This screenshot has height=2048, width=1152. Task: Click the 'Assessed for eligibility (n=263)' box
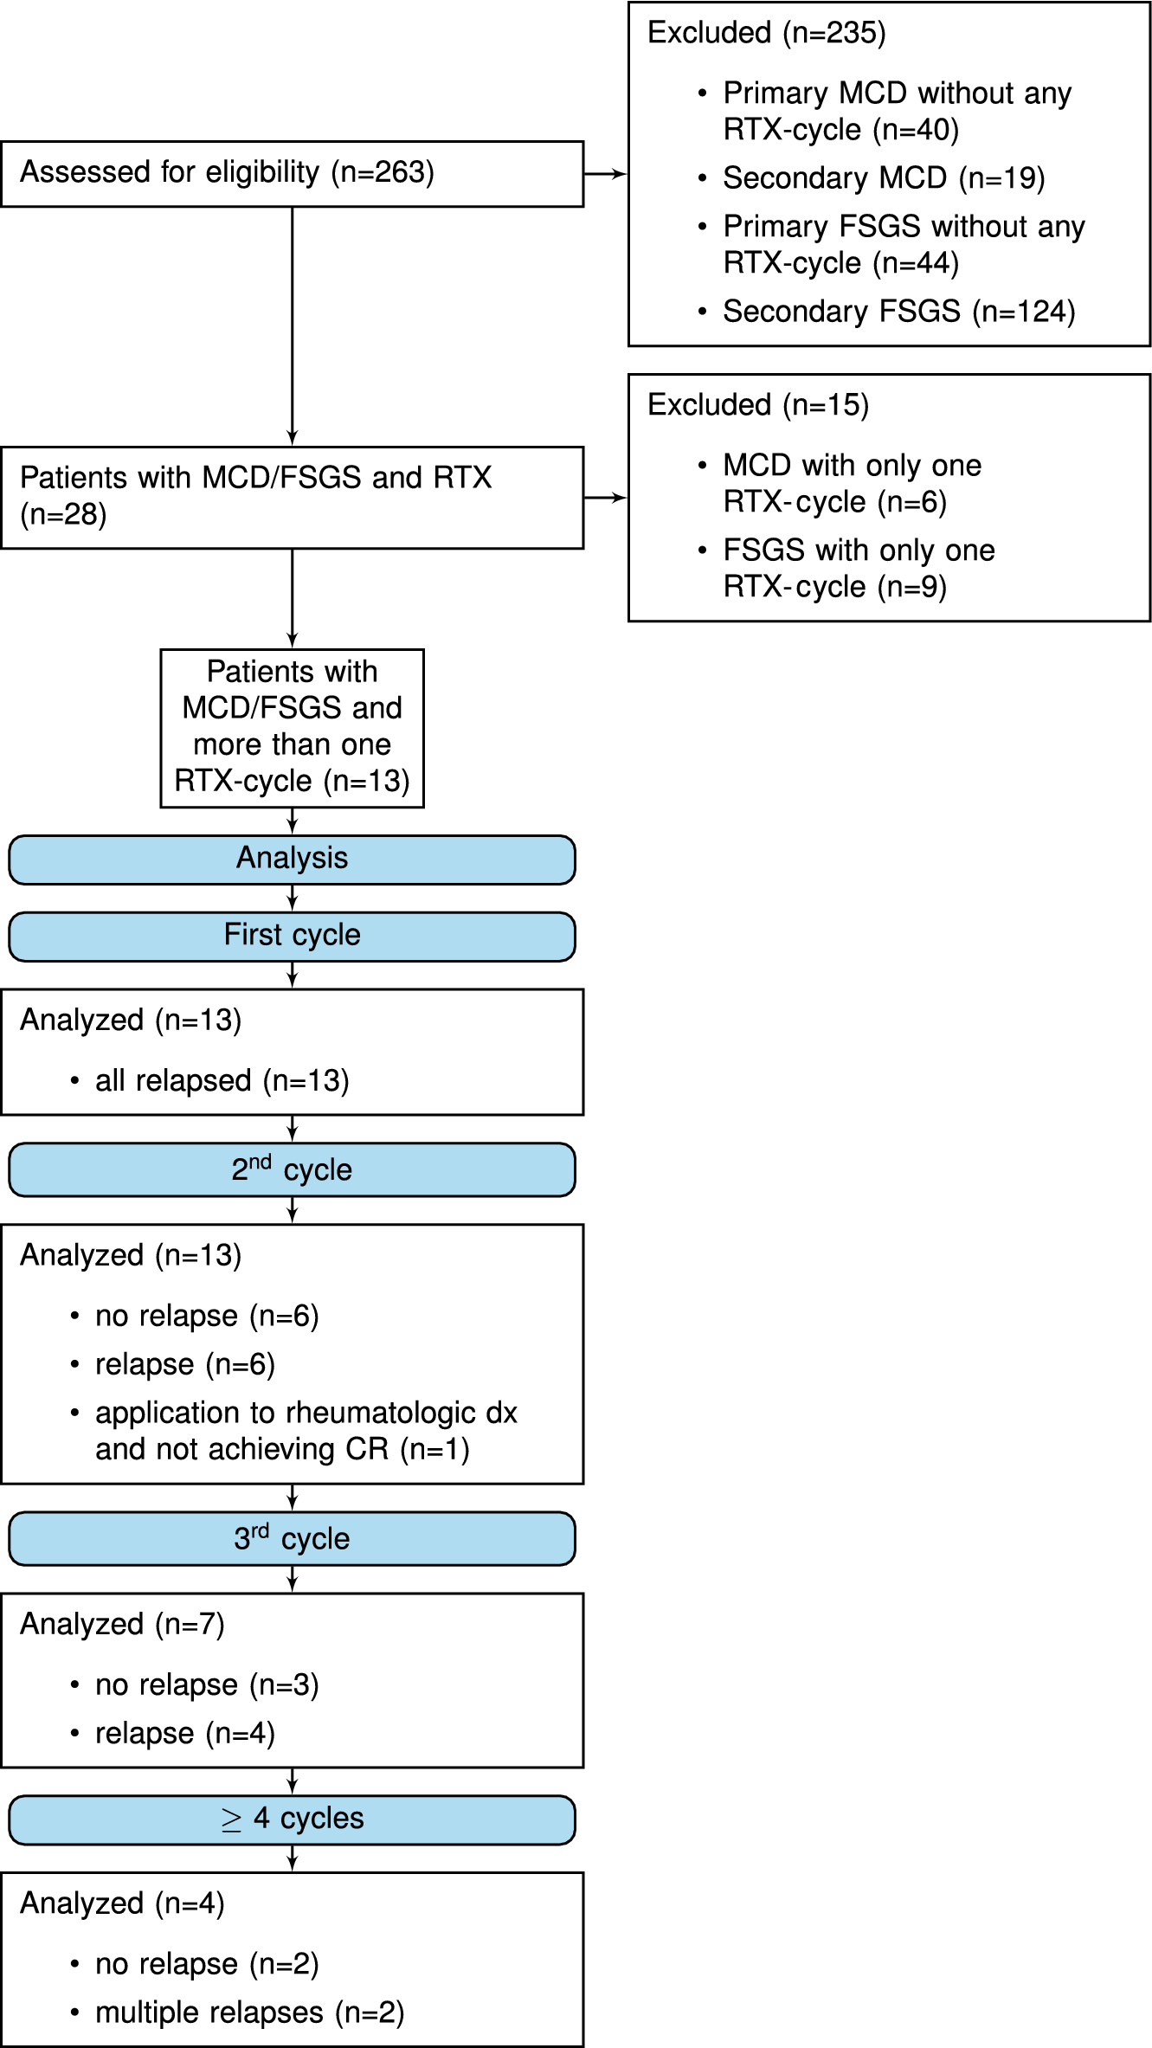(292, 173)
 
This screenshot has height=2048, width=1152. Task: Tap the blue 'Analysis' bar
(292, 859)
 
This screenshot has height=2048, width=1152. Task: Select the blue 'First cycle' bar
(292, 936)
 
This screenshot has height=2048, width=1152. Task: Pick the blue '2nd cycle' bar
(292, 1169)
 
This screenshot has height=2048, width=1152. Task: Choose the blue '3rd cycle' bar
(292, 1538)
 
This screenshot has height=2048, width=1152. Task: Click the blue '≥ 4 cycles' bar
(292, 1819)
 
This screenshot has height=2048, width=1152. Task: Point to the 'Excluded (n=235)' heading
(766, 33)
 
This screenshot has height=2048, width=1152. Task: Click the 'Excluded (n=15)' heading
(757, 405)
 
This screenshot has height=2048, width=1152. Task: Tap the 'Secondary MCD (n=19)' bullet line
(883, 178)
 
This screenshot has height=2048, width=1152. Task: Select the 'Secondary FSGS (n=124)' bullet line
(898, 312)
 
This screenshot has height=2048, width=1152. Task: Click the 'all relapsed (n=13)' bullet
(222, 1081)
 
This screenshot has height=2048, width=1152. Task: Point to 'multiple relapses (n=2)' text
(249, 2013)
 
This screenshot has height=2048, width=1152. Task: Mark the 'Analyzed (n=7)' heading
(122, 1625)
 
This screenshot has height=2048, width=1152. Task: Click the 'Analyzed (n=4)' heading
(122, 1903)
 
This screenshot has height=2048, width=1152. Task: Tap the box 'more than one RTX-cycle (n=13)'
(292, 728)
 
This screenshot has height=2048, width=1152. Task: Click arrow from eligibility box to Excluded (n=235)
(605, 174)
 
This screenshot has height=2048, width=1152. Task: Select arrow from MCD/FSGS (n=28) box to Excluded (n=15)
(605, 498)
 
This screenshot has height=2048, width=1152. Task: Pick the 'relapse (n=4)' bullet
(184, 1734)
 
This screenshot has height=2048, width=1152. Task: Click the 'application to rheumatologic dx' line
(306, 1413)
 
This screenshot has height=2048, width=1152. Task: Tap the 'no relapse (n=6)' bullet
(206, 1317)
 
